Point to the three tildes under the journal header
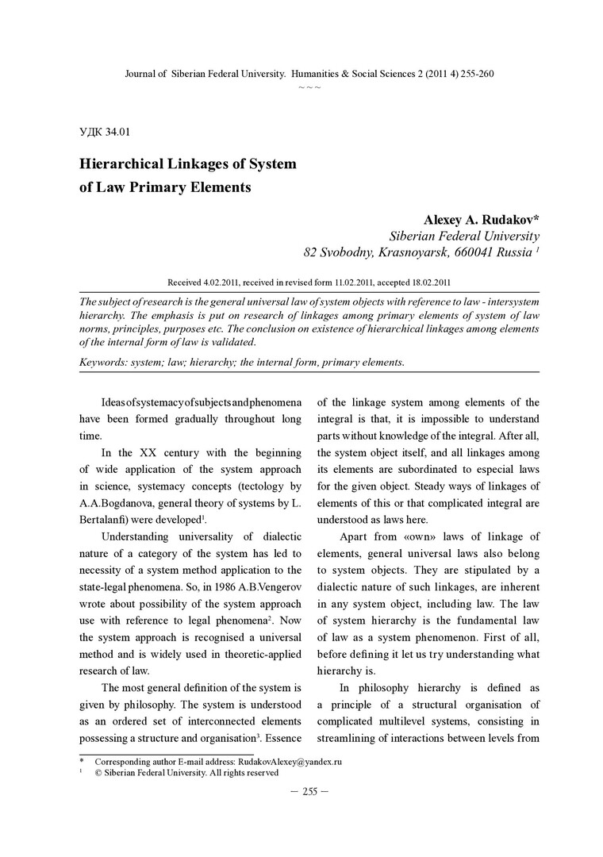[x=309, y=85]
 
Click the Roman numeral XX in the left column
[x=148, y=453]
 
